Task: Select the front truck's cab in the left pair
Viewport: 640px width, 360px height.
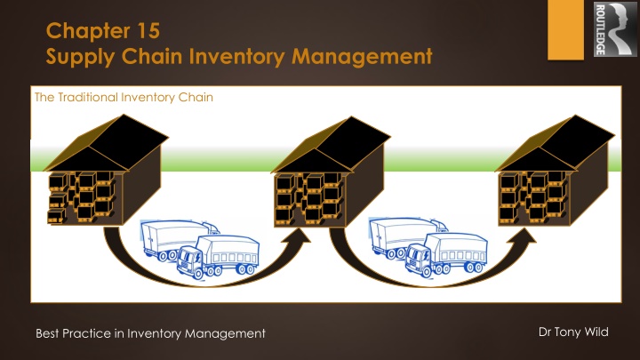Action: point(189,260)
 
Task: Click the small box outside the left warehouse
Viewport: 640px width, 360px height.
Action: point(55,215)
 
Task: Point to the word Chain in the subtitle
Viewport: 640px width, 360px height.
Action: point(194,97)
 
